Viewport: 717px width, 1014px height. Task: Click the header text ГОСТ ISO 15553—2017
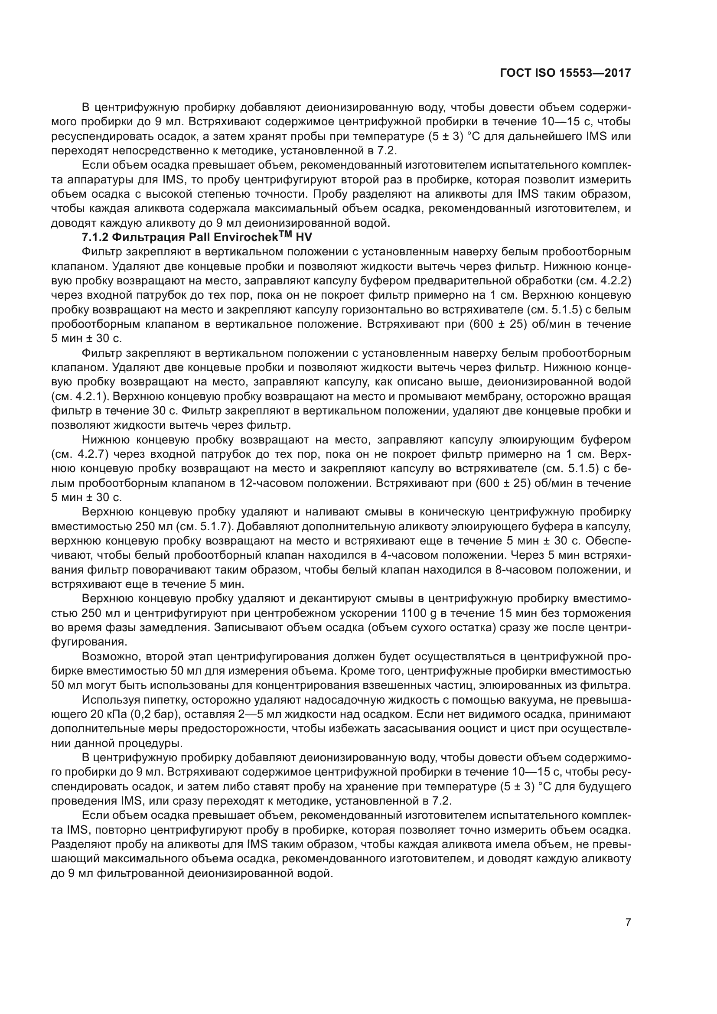565,73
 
